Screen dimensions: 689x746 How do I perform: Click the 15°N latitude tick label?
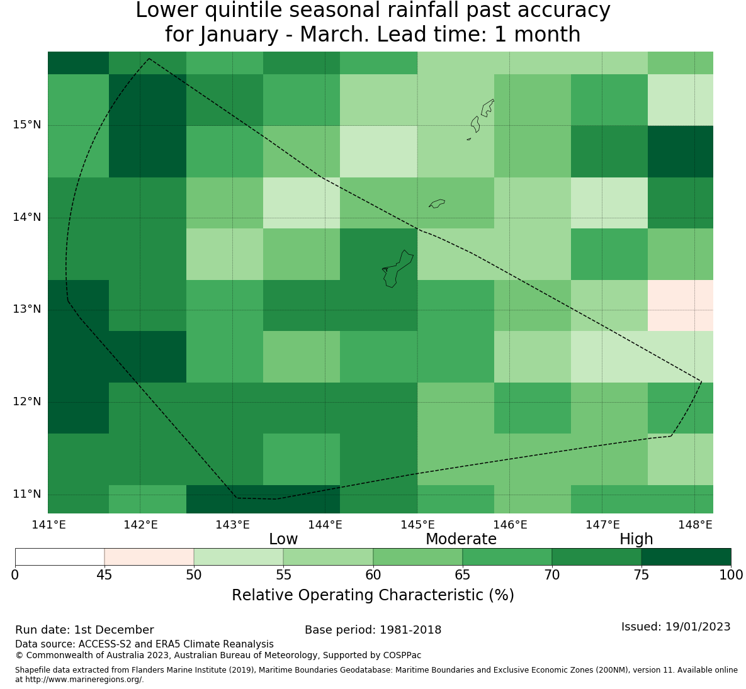[26, 125]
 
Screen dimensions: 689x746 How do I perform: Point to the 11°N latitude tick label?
[26, 494]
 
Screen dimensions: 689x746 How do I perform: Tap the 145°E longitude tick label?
[417, 525]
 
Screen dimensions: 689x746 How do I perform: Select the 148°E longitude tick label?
[694, 525]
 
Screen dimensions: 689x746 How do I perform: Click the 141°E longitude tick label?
[48, 525]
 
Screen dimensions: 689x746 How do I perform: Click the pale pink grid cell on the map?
[680, 305]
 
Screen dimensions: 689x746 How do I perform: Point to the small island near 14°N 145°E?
[437, 203]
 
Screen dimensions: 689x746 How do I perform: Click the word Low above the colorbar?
[283, 539]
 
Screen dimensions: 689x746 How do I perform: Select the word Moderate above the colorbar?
[461, 539]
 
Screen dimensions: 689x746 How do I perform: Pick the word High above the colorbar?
[636, 539]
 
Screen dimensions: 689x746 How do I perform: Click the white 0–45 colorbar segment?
[60, 557]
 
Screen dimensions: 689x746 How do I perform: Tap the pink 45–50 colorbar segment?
[149, 557]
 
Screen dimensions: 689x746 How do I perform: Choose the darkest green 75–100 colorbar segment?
[686, 557]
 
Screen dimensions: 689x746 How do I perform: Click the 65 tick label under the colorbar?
[463, 574]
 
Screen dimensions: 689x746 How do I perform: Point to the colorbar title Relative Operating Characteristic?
[373, 595]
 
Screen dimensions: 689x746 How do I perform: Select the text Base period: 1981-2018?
[373, 630]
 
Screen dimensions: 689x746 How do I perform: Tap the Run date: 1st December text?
[84, 630]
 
